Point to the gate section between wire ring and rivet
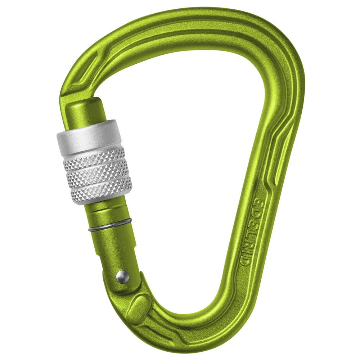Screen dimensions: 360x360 [115, 248]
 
